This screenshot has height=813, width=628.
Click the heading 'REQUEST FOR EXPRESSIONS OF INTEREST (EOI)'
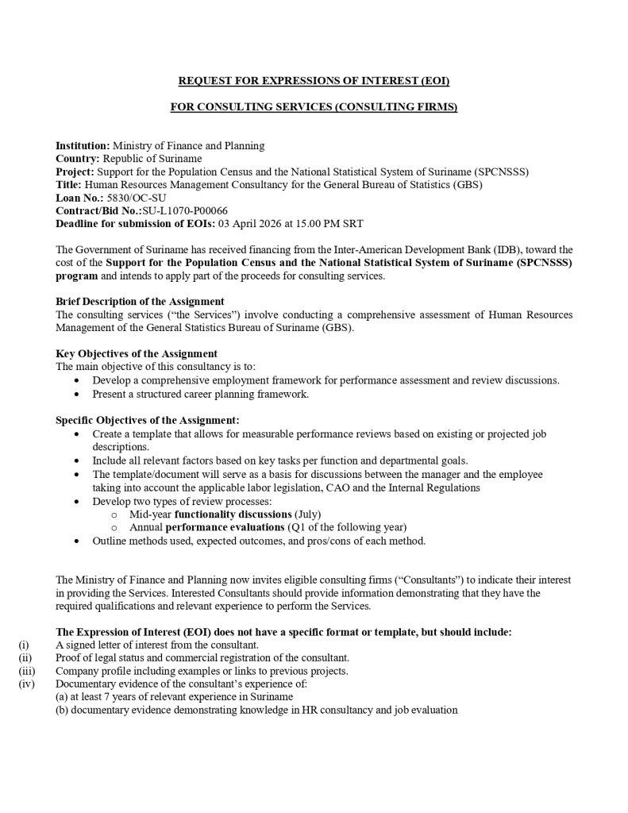[314, 81]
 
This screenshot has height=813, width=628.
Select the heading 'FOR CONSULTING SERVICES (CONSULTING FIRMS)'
[314, 107]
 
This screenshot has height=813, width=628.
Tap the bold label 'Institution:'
[83, 146]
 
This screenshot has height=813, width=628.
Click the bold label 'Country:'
[78, 159]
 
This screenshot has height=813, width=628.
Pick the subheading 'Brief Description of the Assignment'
[140, 302]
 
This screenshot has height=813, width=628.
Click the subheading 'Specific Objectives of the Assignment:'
[147, 419]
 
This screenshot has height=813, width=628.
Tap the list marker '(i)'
[24, 645]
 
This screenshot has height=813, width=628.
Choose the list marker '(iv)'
[25, 684]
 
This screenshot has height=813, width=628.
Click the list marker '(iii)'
[26, 671]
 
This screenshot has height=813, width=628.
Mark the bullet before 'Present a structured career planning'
[75, 394]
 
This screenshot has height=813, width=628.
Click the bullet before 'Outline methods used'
[75, 541]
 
